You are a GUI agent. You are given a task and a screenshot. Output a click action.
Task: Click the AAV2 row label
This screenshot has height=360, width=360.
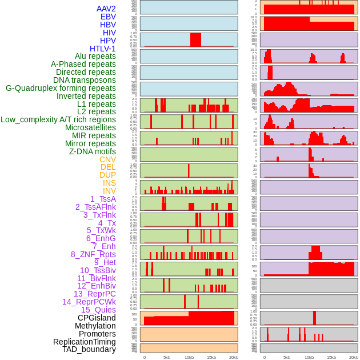(106, 9)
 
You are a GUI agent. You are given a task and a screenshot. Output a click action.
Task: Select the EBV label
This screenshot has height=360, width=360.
(108, 17)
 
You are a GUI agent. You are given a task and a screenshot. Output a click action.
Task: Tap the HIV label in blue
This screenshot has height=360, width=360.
(109, 33)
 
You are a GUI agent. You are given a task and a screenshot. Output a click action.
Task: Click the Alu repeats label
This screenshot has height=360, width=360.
(95, 56)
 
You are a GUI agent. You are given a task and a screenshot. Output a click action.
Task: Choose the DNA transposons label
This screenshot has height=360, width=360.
(85, 80)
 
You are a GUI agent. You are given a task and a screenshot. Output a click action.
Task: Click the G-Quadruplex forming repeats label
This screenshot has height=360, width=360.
(61, 88)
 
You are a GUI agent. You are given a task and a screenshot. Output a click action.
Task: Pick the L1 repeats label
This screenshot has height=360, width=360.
(97, 104)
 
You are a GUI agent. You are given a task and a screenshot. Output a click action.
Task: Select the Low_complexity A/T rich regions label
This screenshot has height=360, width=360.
(58, 119)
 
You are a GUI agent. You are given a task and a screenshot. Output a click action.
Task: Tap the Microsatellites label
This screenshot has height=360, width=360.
(90, 127)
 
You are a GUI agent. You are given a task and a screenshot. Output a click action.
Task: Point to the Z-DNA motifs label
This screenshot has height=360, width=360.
(93, 151)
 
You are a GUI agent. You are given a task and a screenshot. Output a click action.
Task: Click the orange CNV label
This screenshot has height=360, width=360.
(107, 159)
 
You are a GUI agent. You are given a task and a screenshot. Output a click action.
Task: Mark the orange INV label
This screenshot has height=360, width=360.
(109, 191)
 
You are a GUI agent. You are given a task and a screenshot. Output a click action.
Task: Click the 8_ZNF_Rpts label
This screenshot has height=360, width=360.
(93, 254)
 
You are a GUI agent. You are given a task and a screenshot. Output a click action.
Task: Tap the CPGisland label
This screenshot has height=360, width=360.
(97, 318)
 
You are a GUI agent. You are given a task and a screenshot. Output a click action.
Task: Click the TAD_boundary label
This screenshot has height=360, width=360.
(89, 349)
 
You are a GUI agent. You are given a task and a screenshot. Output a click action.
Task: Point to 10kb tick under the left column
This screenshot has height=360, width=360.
(189, 357)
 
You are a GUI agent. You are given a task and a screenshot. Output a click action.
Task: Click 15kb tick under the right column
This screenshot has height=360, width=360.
(331, 357)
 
